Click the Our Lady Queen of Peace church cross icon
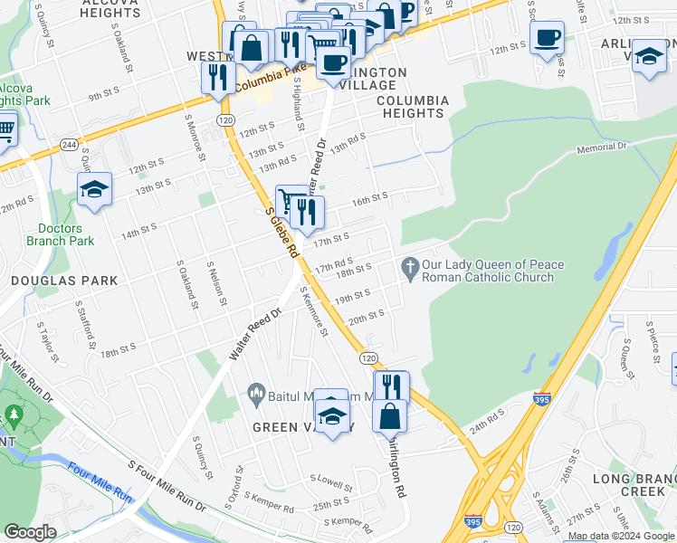(410, 270)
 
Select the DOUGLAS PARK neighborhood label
(64, 281)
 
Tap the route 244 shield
(68, 145)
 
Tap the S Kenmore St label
(313, 311)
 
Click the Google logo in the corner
(31, 532)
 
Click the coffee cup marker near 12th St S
(547, 39)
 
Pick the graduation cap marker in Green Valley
(333, 414)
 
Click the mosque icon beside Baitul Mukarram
(254, 394)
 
